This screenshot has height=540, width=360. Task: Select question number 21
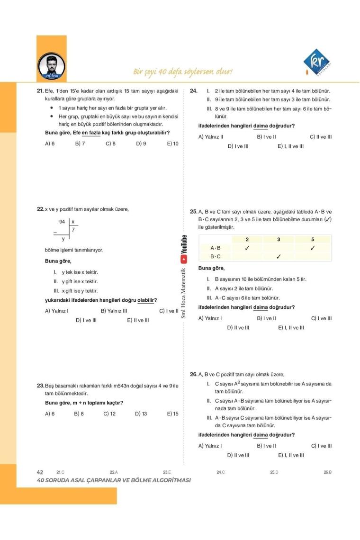pyautogui.click(x=40, y=91)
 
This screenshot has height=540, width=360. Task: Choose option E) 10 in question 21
pyautogui.click(x=173, y=143)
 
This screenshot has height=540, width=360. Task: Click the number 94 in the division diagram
pyautogui.click(x=62, y=222)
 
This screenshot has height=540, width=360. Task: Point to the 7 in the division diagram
pyautogui.click(x=73, y=230)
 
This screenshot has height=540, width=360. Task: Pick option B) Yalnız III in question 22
pyautogui.click(x=114, y=311)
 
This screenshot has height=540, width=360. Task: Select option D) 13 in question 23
pyautogui.click(x=141, y=414)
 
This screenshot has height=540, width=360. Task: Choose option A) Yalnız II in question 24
pyautogui.click(x=211, y=137)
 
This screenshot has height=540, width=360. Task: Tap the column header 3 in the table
pyautogui.click(x=279, y=240)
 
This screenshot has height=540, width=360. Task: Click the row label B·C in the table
pyautogui.click(x=216, y=257)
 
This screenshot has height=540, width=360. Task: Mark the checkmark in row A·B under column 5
pyautogui.click(x=313, y=248)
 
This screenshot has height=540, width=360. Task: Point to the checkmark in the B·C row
pyautogui.click(x=279, y=257)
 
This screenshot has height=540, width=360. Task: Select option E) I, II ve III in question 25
pyautogui.click(x=291, y=327)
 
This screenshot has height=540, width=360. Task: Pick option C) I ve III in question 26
pyautogui.click(x=321, y=446)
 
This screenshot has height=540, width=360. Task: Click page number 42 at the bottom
pyautogui.click(x=40, y=472)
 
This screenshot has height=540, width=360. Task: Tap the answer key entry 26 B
pyautogui.click(x=327, y=472)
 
